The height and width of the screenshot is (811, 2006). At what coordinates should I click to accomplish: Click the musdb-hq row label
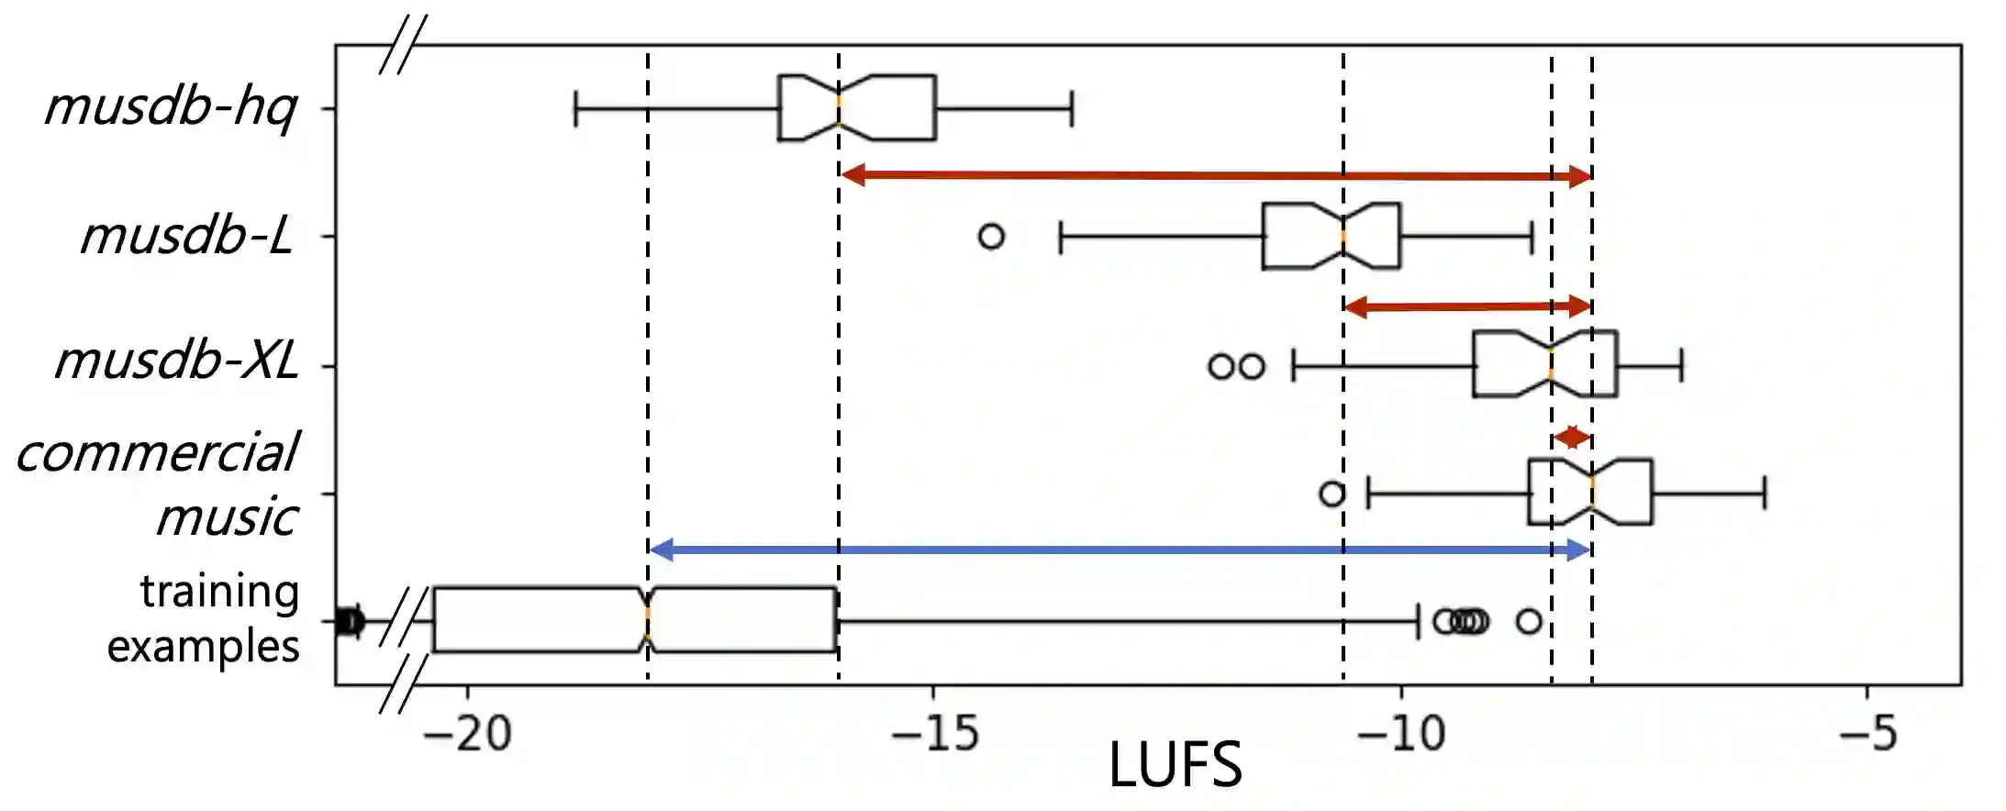pos(171,107)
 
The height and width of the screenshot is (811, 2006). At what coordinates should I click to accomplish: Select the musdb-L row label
pos(187,236)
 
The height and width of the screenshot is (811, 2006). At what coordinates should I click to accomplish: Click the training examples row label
pos(204,618)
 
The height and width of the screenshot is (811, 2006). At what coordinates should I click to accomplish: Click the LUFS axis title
pos(1175,765)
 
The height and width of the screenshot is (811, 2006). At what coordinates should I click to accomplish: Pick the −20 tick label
pos(467,734)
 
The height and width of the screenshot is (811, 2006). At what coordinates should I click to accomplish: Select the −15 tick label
pos(935,734)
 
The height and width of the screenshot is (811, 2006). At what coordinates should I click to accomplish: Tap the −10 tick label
pos(1400,734)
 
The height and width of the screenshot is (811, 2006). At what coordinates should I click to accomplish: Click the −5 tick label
pos(1868,734)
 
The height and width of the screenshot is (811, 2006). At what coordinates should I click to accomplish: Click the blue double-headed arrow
pos(1120,550)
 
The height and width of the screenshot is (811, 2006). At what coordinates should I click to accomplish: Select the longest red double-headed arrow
pos(1216,175)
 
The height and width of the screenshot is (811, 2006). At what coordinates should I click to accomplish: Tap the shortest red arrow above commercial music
pos(1572,437)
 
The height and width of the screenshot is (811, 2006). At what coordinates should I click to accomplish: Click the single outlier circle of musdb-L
pos(991,237)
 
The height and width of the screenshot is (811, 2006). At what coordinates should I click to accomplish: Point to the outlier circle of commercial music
pos(1332,494)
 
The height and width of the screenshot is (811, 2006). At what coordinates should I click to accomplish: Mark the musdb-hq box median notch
pos(839,108)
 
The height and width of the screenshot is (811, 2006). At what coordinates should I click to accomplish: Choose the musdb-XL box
pos(1545,364)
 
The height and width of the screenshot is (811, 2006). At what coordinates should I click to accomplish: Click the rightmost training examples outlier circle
pos(1529,621)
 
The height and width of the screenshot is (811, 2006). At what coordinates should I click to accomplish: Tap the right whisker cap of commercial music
pos(1765,494)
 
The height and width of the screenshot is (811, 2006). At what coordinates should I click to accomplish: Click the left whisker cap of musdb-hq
pos(575,108)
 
